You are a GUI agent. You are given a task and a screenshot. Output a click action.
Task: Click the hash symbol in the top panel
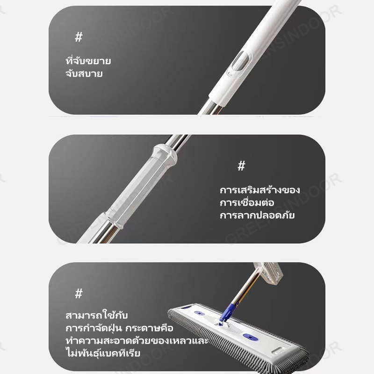(79, 37)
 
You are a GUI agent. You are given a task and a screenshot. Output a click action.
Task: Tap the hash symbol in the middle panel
(241, 166)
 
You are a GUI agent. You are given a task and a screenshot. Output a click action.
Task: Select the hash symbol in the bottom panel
(79, 294)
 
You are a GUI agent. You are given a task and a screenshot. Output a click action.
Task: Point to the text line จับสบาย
(84, 73)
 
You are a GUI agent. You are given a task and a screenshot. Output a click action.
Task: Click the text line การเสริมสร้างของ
(260, 190)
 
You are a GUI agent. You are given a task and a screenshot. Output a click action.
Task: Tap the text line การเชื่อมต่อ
(247, 202)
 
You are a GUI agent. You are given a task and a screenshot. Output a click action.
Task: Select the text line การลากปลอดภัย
(257, 215)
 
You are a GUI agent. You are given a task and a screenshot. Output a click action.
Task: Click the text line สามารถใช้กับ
(97, 315)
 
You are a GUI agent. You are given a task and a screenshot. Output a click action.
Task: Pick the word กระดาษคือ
(149, 328)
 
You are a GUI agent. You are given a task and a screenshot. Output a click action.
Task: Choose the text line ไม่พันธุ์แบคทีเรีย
(103, 353)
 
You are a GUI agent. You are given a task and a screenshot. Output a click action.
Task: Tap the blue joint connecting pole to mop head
(228, 312)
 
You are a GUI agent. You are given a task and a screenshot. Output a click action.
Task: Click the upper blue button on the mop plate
(198, 313)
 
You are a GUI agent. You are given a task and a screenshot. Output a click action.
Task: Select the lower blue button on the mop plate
(251, 337)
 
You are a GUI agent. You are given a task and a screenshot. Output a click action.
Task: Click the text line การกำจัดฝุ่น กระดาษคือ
(120, 328)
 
